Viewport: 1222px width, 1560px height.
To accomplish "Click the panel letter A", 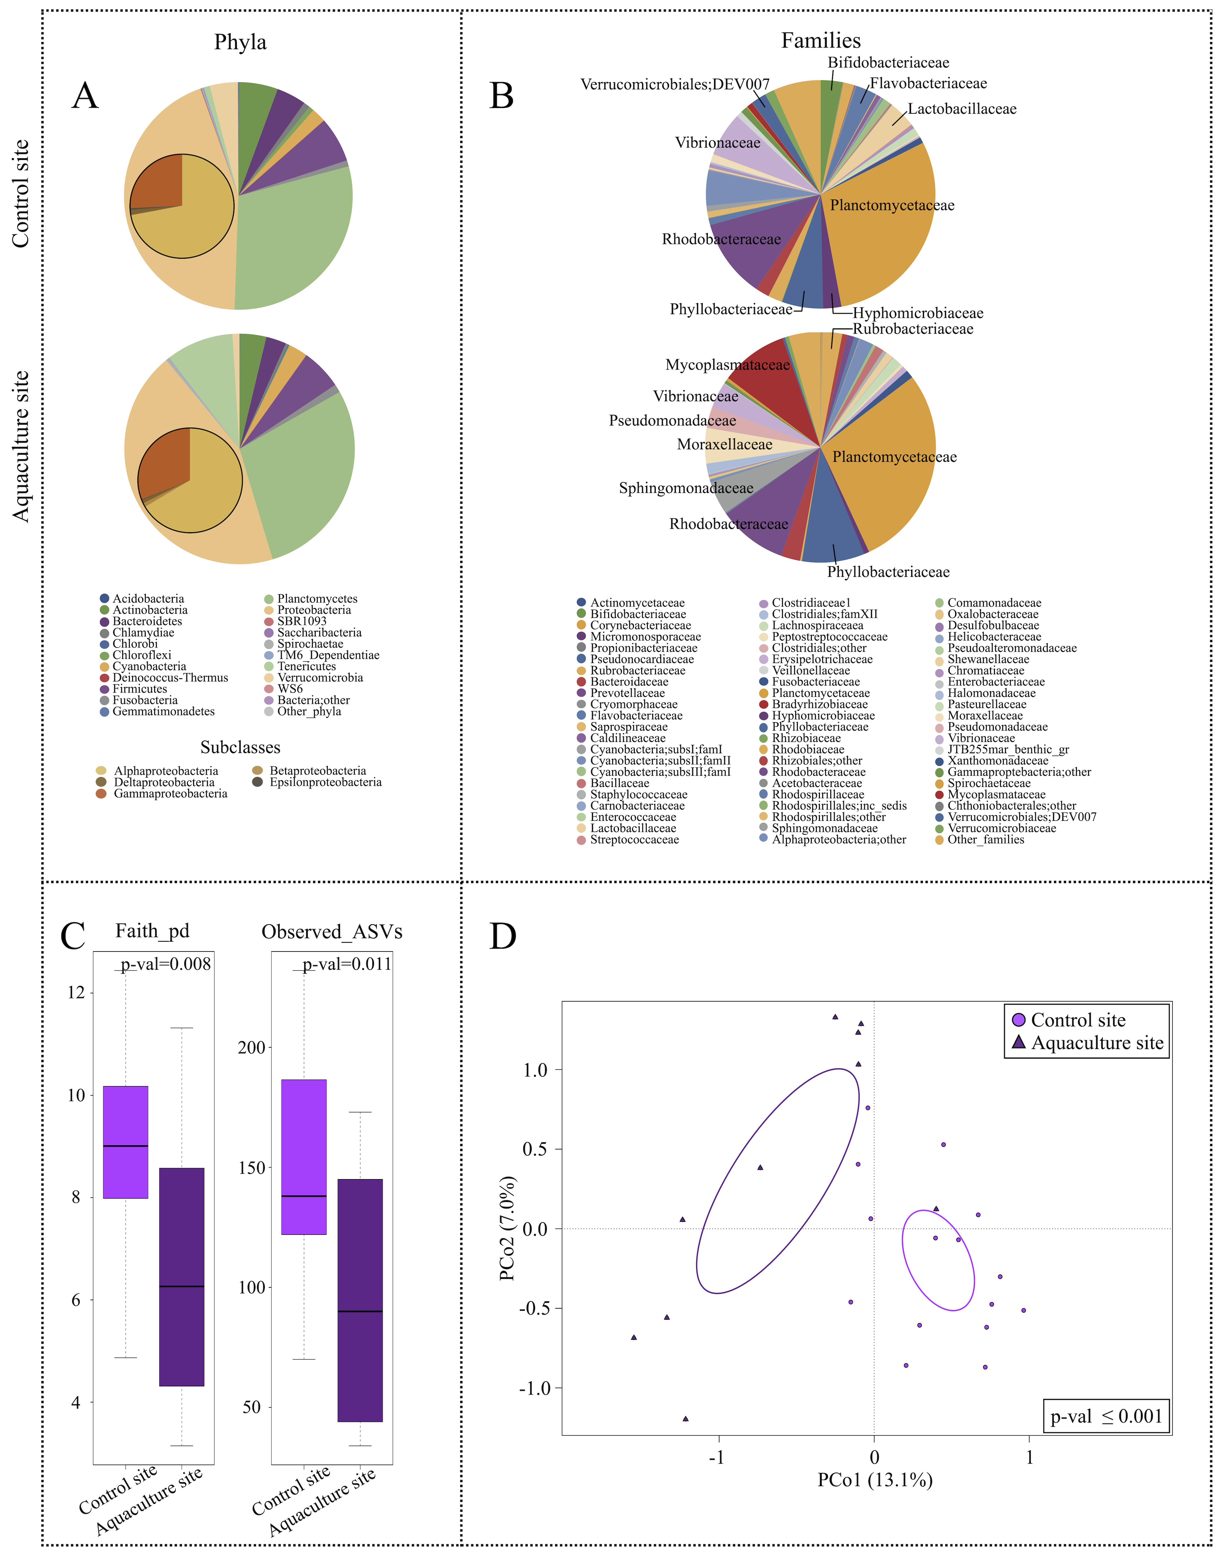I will tap(85, 96).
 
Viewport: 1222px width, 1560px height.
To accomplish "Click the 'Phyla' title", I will tap(240, 42).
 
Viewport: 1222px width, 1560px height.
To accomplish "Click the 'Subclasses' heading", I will tap(240, 748).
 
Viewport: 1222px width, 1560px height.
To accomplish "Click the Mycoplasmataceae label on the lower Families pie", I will tap(728, 365).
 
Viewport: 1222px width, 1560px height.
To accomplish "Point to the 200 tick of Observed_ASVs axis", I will tap(251, 1048).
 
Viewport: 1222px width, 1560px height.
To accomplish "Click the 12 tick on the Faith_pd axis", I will tap(76, 992).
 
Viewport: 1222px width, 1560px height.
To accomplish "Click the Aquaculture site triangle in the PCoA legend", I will tap(1019, 1043).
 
